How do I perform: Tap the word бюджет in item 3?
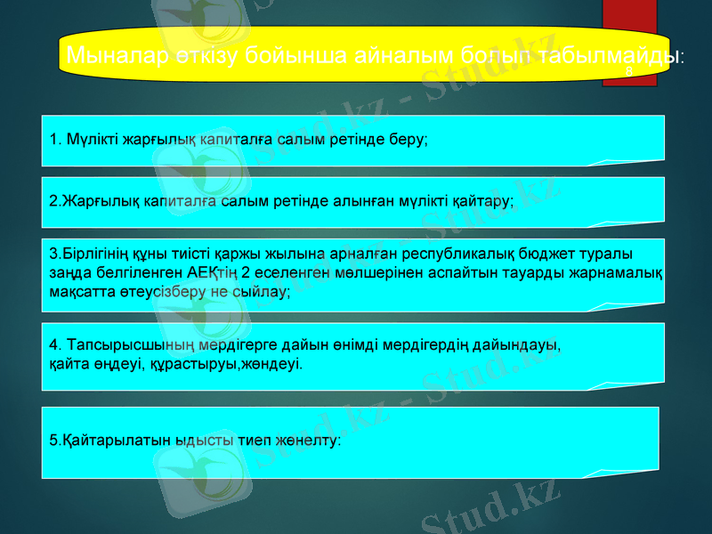[x=565, y=255]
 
